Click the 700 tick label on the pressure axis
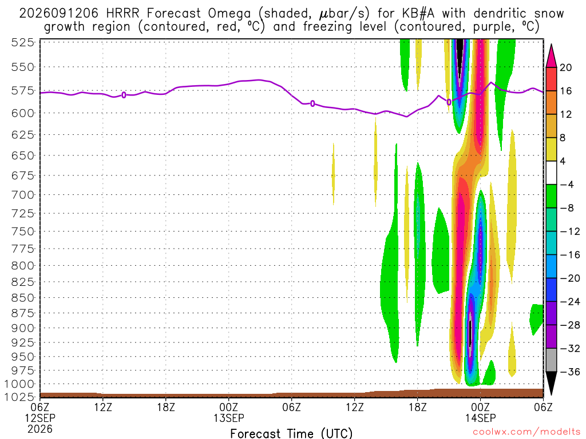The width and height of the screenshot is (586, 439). click(x=23, y=195)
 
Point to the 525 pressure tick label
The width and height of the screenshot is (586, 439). click(x=23, y=42)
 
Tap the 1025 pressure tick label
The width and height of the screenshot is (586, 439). click(x=20, y=397)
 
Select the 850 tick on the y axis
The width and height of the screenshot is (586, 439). click(x=23, y=298)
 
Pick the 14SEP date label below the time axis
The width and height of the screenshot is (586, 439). click(x=480, y=418)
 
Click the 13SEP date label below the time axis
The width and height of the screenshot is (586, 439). click(x=229, y=418)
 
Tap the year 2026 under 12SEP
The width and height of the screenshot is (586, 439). click(x=40, y=429)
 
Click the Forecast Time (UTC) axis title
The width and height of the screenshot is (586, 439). click(x=291, y=433)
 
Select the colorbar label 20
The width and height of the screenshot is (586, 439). click(x=565, y=67)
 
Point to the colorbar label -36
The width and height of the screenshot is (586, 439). click(x=570, y=372)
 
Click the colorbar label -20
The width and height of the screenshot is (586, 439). click(x=570, y=278)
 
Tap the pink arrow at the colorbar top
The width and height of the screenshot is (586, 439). click(x=551, y=56)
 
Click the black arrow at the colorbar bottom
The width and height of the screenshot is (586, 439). click(x=551, y=382)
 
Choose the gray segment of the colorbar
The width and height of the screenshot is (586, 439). click(x=551, y=360)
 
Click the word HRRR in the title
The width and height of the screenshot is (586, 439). click(x=122, y=14)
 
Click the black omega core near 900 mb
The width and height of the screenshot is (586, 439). click(x=470, y=333)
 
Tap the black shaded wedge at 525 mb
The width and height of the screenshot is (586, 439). click(x=460, y=50)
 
